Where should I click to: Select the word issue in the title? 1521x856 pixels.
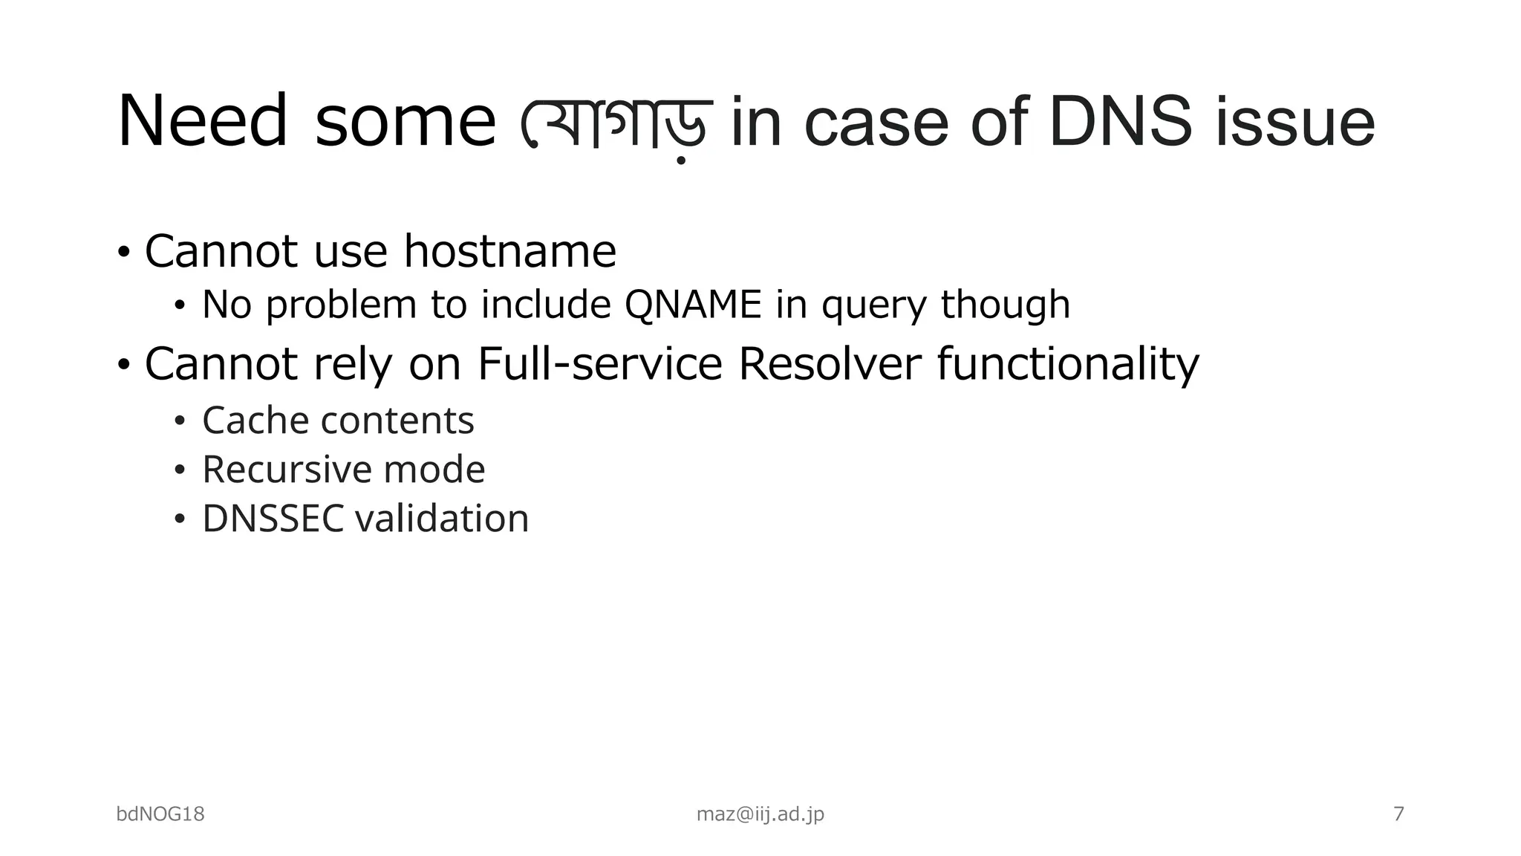point(1295,123)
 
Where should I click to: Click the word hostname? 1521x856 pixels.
point(509,251)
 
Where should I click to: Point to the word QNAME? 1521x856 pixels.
point(694,305)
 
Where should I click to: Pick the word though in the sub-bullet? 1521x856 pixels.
point(1005,305)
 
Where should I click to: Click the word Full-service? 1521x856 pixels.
point(599,364)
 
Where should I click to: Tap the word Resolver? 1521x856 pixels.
point(830,364)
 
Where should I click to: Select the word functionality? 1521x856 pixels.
point(1067,366)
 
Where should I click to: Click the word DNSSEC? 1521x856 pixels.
point(273,519)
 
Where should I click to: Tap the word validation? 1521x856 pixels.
point(442,519)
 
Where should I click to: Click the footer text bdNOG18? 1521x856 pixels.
point(160,814)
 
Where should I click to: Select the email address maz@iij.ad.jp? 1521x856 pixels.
point(760,814)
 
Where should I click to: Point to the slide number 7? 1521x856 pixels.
point(1398,814)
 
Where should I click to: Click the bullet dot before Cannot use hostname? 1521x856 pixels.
point(124,252)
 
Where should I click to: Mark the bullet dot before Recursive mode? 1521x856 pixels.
point(179,470)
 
